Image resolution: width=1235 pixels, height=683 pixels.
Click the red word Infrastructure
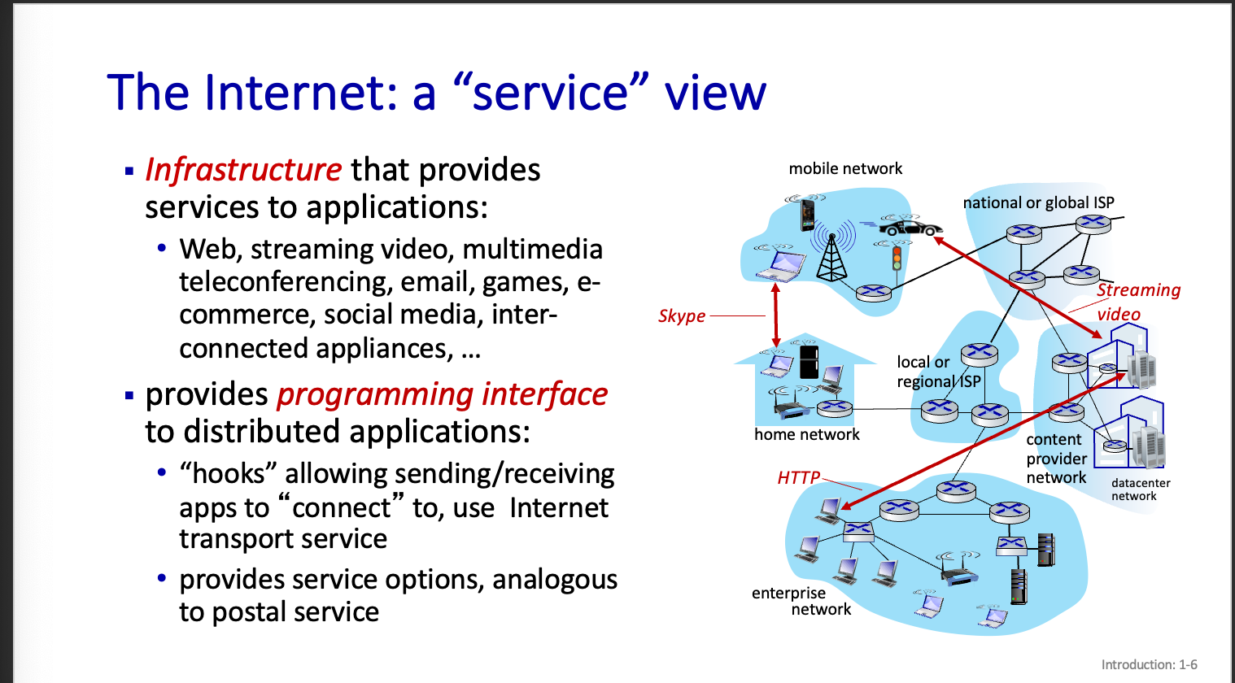pyautogui.click(x=242, y=170)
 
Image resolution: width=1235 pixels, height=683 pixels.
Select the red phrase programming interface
pyautogui.click(x=442, y=394)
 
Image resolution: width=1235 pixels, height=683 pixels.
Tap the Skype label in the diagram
pyautogui.click(x=682, y=315)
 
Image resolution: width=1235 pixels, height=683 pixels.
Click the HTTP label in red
pyautogui.click(x=798, y=477)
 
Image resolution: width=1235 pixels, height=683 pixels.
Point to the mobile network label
pyautogui.click(x=845, y=168)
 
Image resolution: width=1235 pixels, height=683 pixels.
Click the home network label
pyautogui.click(x=806, y=434)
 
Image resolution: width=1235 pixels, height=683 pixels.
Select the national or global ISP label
pyautogui.click(x=1038, y=202)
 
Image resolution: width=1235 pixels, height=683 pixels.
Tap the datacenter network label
pyautogui.click(x=1140, y=489)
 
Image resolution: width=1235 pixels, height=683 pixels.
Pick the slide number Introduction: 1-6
pyautogui.click(x=1149, y=664)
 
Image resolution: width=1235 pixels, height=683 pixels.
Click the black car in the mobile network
pyautogui.click(x=912, y=227)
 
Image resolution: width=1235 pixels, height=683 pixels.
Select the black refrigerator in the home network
pyautogui.click(x=809, y=363)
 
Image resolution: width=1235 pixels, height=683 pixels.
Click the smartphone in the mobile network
pyautogui.click(x=807, y=215)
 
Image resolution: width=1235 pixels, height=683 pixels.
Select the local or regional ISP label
pyautogui.click(x=938, y=372)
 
